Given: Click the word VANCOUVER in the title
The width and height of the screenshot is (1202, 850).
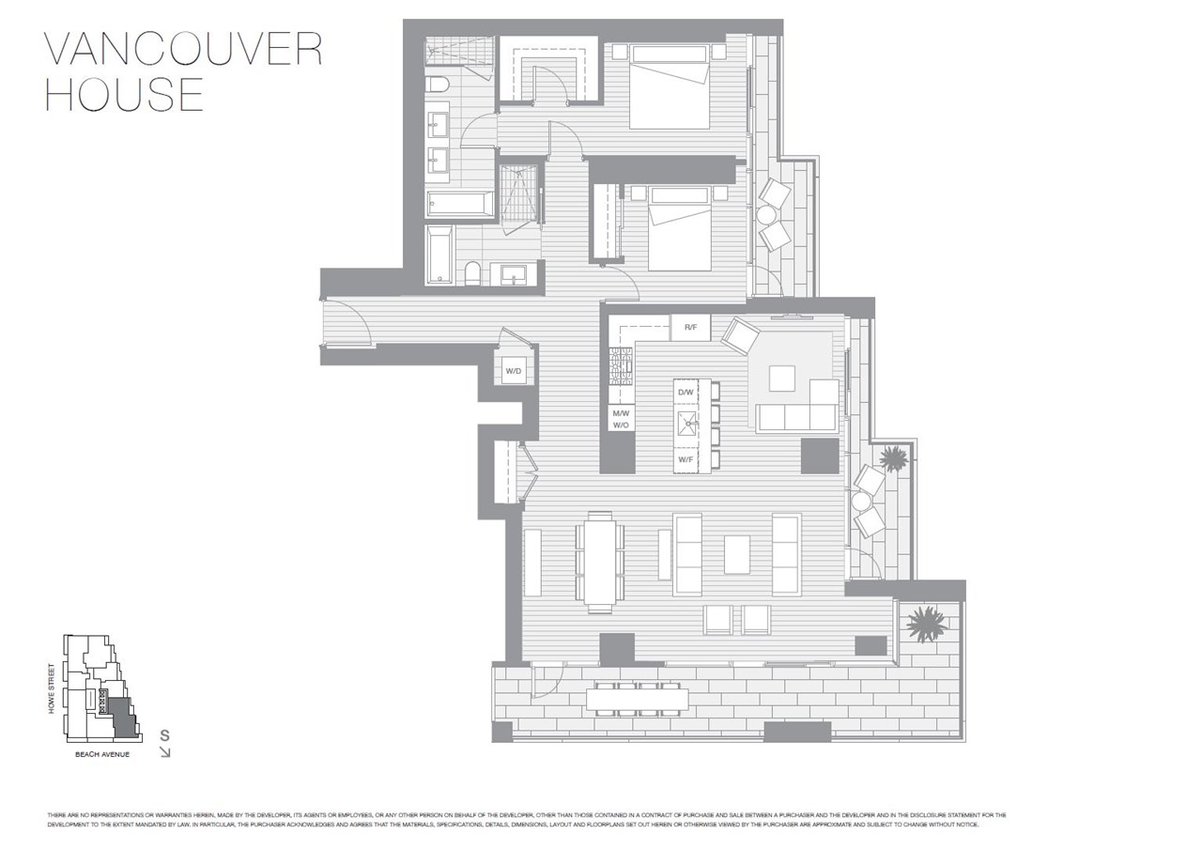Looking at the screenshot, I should (x=184, y=49).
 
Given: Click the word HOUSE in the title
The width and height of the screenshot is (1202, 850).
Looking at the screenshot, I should (x=124, y=95).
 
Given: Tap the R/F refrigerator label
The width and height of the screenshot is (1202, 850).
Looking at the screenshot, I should (x=690, y=328).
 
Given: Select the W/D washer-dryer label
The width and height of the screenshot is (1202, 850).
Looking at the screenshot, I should (x=514, y=372).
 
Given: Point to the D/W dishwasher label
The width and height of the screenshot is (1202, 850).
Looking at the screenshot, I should (x=686, y=392).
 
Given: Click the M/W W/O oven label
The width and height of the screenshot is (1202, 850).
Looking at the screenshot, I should (x=620, y=419).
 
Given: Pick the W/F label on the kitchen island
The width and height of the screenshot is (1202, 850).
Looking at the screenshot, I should (x=686, y=459).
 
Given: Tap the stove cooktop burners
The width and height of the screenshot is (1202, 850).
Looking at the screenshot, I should (x=621, y=366).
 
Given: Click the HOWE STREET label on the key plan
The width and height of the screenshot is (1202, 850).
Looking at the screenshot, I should (x=53, y=688).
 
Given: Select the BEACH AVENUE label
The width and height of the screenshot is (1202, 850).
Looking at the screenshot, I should (x=101, y=754).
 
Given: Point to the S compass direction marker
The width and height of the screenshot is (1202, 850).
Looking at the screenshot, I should (x=164, y=734).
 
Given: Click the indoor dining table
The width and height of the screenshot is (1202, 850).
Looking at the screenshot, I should (x=598, y=562).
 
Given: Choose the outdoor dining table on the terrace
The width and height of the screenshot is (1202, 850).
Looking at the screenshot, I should (x=638, y=699).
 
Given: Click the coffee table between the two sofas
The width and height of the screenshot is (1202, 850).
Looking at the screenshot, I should (x=737, y=554).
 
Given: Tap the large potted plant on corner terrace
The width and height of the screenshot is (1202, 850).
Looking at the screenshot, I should (x=926, y=624).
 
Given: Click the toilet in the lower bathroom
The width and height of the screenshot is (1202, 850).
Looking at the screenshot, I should (x=472, y=273).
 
